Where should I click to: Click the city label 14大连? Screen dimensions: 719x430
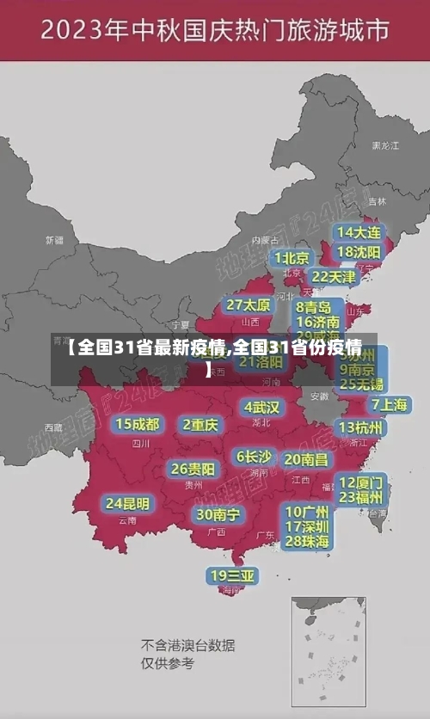[x=359, y=232]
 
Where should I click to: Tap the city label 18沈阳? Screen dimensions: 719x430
[x=359, y=252]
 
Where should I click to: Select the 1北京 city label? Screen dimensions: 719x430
[x=292, y=257]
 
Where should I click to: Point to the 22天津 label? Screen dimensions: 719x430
[x=333, y=277]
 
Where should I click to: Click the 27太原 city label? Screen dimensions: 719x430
[x=249, y=305]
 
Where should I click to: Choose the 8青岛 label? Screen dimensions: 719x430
[x=314, y=306]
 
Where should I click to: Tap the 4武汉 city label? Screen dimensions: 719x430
[x=261, y=406]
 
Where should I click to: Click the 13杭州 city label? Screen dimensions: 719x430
[x=361, y=427]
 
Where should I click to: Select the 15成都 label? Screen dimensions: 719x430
[x=138, y=424]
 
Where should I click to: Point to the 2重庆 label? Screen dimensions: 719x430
[x=201, y=424]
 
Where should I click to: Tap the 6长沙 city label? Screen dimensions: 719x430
[x=254, y=457]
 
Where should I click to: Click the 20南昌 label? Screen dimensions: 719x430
[x=306, y=460]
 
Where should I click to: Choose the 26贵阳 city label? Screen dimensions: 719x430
[x=193, y=469]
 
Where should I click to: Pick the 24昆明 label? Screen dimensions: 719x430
[x=127, y=503]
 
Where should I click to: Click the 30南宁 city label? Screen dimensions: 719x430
[x=218, y=514]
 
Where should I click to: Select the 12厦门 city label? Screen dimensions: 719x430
[x=361, y=482]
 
